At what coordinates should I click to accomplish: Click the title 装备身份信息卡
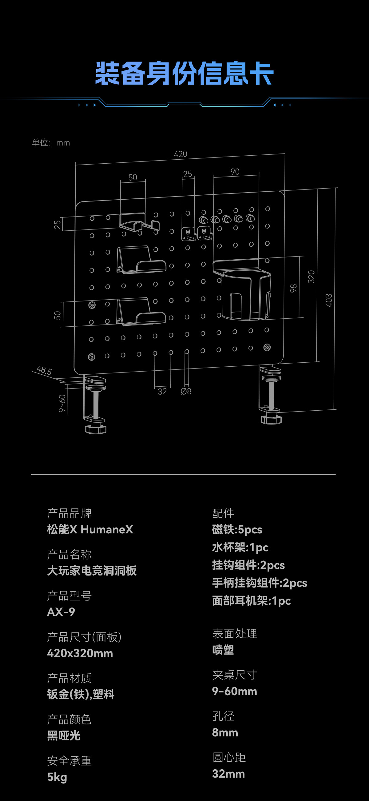(x=184, y=74)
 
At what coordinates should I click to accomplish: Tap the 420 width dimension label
(x=181, y=154)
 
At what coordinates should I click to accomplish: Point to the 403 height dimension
(x=329, y=300)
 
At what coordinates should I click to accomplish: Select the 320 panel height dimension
(x=311, y=277)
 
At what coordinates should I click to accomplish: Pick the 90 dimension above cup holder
(x=235, y=172)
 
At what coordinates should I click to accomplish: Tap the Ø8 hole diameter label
(x=186, y=391)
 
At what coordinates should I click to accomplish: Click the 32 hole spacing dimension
(x=162, y=391)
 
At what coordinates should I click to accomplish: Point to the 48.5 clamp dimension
(x=44, y=370)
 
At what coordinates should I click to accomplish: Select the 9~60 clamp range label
(x=62, y=403)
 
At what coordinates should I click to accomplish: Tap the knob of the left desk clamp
(x=96, y=429)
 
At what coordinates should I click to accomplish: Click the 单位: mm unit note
(x=51, y=143)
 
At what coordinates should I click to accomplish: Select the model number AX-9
(x=61, y=612)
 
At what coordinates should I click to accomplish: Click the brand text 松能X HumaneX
(x=90, y=529)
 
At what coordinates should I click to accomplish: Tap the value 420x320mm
(x=80, y=653)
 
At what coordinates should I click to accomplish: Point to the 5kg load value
(x=57, y=777)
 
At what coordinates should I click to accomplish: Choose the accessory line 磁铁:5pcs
(x=237, y=529)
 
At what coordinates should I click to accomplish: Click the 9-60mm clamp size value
(x=234, y=691)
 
